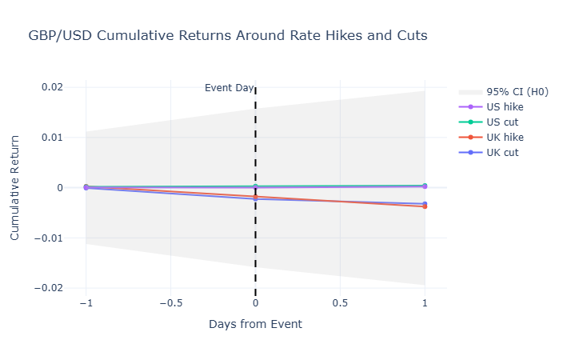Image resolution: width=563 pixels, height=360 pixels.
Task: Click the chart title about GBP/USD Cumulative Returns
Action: tap(228, 36)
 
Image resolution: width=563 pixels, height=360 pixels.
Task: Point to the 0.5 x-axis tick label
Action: tap(340, 304)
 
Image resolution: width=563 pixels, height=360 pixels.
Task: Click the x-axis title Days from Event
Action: tap(255, 324)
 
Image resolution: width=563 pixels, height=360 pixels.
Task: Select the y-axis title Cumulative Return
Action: tap(15, 188)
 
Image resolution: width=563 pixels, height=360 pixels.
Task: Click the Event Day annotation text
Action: tap(229, 88)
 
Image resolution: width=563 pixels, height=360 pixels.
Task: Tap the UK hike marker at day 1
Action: tap(425, 206)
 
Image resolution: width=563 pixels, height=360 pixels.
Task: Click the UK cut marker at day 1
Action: tap(425, 204)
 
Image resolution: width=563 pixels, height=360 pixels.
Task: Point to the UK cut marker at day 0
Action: tap(255, 198)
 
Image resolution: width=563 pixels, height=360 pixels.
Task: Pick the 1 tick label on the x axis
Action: tap(425, 304)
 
